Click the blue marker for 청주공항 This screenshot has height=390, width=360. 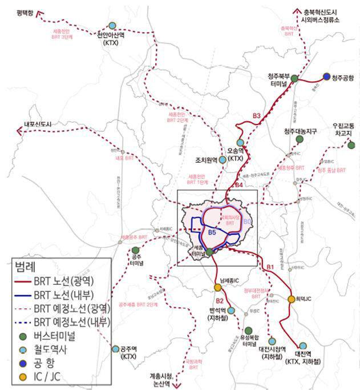(x=326, y=76)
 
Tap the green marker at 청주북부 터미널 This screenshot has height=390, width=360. (x=294, y=78)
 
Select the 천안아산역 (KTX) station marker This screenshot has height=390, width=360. (x=112, y=26)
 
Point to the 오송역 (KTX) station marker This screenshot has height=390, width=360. (x=240, y=142)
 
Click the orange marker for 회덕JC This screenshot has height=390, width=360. (x=292, y=299)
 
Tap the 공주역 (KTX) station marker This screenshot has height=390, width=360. (x=116, y=349)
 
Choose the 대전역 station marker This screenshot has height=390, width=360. (x=302, y=345)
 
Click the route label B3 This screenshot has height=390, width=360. (x=256, y=116)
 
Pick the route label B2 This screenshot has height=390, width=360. (x=220, y=301)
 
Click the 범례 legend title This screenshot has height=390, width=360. (x=24, y=267)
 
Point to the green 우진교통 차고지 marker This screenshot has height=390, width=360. (x=351, y=145)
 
